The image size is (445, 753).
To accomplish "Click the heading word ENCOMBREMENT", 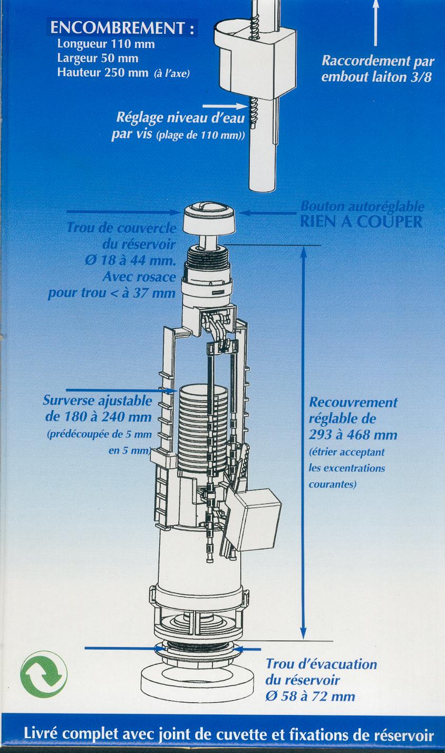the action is point(117,28).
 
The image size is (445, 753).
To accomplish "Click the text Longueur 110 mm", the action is point(106,44).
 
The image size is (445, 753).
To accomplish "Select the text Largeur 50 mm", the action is point(98,58).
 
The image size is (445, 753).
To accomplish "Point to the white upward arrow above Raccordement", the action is point(376,23).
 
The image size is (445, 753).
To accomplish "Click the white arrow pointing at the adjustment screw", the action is point(225,106).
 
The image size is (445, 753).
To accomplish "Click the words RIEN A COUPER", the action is point(361,222).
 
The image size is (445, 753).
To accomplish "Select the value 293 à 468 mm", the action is point(353,435).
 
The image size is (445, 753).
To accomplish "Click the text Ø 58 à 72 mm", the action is point(310,696).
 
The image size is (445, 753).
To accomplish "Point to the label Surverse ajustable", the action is point(98,401).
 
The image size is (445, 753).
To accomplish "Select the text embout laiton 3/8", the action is point(376,77).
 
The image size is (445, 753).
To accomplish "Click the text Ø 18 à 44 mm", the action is point(130,261).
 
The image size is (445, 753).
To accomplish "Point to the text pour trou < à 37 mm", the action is point(111,293).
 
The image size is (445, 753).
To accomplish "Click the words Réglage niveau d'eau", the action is point(180,118).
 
